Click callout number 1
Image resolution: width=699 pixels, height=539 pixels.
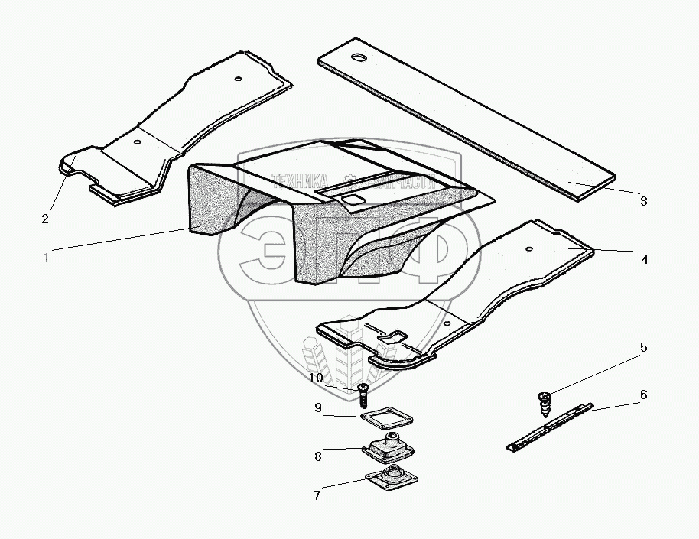[47, 258]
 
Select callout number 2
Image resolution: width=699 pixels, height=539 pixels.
[45, 219]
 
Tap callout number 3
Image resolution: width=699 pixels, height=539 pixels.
[643, 201]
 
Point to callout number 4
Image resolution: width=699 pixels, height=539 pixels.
[644, 259]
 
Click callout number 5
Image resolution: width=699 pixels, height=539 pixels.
[643, 347]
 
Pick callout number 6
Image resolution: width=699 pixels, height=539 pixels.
[643, 395]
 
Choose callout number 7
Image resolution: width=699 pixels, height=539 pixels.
[317, 495]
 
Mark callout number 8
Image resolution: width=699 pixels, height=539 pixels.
[317, 456]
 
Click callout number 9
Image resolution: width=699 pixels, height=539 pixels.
[317, 408]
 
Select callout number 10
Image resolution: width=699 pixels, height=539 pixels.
[317, 378]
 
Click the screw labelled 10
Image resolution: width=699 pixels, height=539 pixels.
[363, 395]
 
